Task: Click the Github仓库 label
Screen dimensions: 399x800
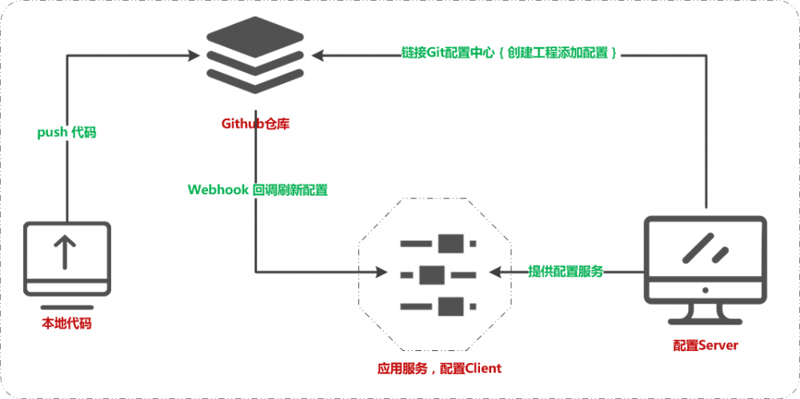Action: click(x=254, y=124)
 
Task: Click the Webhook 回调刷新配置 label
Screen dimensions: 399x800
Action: click(x=257, y=190)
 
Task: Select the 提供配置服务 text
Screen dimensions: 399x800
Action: click(x=566, y=272)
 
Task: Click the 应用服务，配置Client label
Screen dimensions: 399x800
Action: click(x=439, y=369)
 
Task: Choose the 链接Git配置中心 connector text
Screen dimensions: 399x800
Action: click(x=509, y=54)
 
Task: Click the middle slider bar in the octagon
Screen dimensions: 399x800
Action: click(x=438, y=273)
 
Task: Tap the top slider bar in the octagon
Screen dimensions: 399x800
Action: click(x=439, y=242)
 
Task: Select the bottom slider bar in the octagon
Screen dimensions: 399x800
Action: click(x=439, y=305)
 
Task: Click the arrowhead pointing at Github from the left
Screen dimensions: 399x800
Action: click(x=194, y=54)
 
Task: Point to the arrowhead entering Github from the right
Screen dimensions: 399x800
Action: click(x=318, y=54)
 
